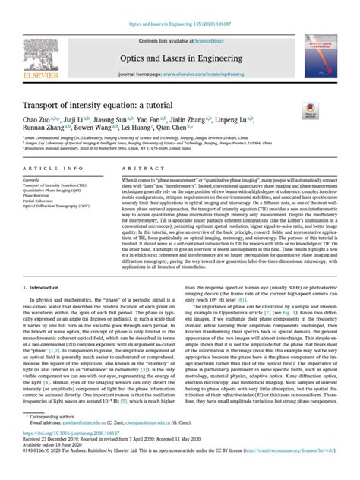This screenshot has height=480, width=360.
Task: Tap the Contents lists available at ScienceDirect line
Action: (x=179, y=42)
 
